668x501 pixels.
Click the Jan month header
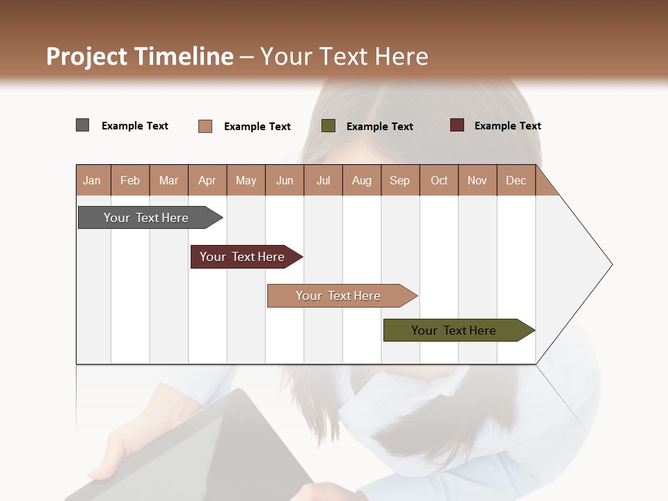coord(93,180)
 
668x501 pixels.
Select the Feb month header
coord(130,180)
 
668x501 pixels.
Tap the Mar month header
coord(168,180)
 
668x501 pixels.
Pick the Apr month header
coord(207,180)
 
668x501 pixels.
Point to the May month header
coord(246,180)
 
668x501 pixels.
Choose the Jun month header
coord(285,180)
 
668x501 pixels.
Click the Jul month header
coord(323,180)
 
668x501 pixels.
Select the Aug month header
coord(362,180)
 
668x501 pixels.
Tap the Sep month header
coord(400,180)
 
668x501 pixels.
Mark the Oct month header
coord(439,180)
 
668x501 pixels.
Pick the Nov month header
coord(477,180)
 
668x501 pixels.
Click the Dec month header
coord(516,180)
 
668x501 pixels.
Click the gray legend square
coord(83,125)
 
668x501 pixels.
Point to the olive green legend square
coord(328,126)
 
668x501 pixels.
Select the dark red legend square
coord(457,125)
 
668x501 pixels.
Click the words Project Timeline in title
coord(140,56)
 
